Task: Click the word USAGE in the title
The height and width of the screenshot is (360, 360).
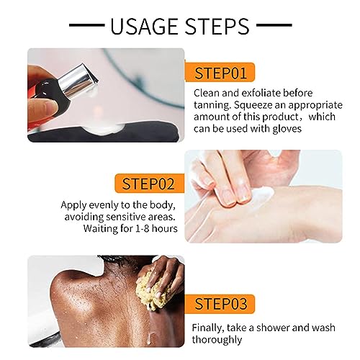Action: click(x=145, y=26)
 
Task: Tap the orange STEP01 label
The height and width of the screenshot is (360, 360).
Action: click(x=220, y=72)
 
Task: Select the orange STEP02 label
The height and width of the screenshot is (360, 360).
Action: click(x=149, y=184)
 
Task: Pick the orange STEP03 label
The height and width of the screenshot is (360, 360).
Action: click(x=220, y=304)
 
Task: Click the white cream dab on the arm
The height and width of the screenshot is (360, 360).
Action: click(x=263, y=194)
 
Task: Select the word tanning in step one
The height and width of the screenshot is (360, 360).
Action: click(x=212, y=105)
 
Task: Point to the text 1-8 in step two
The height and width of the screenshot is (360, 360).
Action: click(x=143, y=228)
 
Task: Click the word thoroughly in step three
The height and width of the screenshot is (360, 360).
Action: click(x=217, y=340)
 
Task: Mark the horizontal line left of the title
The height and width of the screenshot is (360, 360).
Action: click(x=86, y=24)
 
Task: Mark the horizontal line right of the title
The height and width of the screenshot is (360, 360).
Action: click(x=274, y=24)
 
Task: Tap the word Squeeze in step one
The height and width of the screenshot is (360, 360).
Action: click(x=260, y=106)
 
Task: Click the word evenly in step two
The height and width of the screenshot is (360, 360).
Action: click(x=104, y=205)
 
